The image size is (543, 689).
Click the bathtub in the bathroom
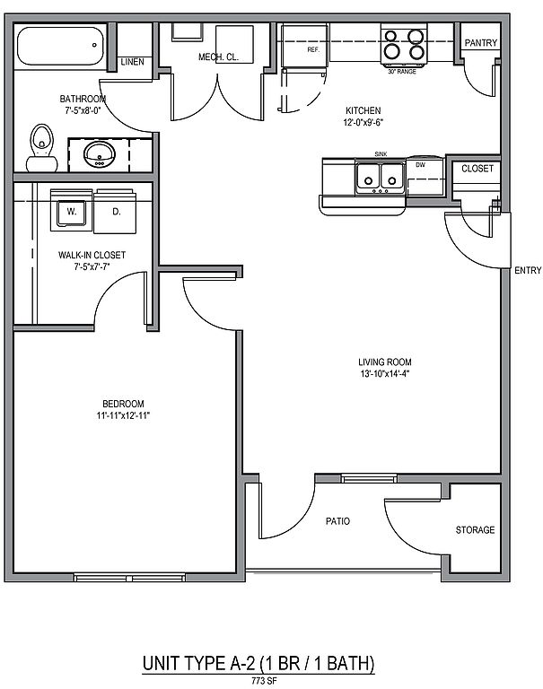pyautogui.click(x=60, y=46)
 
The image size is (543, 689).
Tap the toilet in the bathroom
pyautogui.click(x=42, y=148)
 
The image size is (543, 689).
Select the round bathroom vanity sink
pyautogui.click(x=100, y=154)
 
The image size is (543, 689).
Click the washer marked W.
pyautogui.click(x=71, y=211)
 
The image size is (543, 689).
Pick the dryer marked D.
pyautogui.click(x=115, y=212)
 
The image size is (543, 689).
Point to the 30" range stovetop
pyautogui.click(x=404, y=45)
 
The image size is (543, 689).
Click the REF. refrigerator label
pyautogui.click(x=313, y=49)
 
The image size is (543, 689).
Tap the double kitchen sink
pyautogui.click(x=381, y=178)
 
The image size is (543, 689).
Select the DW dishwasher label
pyautogui.click(x=420, y=165)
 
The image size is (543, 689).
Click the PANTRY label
pyautogui.click(x=481, y=43)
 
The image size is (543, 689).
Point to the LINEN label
pyautogui.click(x=132, y=62)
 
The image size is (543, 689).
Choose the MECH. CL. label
pyautogui.click(x=218, y=57)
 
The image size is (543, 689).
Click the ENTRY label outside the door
pyautogui.click(x=528, y=271)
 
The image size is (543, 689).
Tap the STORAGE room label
pyautogui.click(x=475, y=530)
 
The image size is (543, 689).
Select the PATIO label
pyautogui.click(x=337, y=521)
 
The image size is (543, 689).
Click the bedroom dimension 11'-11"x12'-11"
pyautogui.click(x=123, y=415)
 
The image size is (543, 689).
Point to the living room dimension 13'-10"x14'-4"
pyautogui.click(x=385, y=374)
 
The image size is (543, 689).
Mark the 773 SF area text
pyautogui.click(x=264, y=682)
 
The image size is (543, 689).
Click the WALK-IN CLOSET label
pyautogui.click(x=92, y=255)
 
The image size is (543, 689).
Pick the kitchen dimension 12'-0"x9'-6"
pyautogui.click(x=363, y=123)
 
